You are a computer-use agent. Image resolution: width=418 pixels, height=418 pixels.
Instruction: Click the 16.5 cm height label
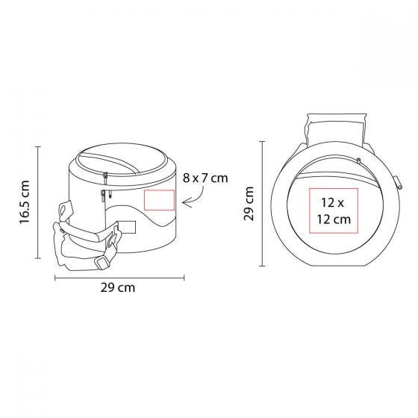tap(25, 203)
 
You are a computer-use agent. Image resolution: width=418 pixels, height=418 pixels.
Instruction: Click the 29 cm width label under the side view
tap(118, 287)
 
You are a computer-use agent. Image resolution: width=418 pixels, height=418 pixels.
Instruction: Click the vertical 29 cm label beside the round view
tap(249, 204)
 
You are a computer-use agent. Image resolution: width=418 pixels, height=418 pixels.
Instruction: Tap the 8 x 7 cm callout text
tap(205, 178)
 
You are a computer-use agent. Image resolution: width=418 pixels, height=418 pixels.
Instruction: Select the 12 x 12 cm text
tap(334, 210)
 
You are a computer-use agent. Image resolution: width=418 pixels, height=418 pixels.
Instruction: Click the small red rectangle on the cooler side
tap(160, 200)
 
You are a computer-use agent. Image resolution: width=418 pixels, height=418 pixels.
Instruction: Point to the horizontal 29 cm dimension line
tap(119, 278)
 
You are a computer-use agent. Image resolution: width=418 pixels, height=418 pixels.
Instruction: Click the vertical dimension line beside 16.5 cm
tap(38, 202)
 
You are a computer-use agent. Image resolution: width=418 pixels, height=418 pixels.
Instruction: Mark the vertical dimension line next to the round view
tap(263, 204)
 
